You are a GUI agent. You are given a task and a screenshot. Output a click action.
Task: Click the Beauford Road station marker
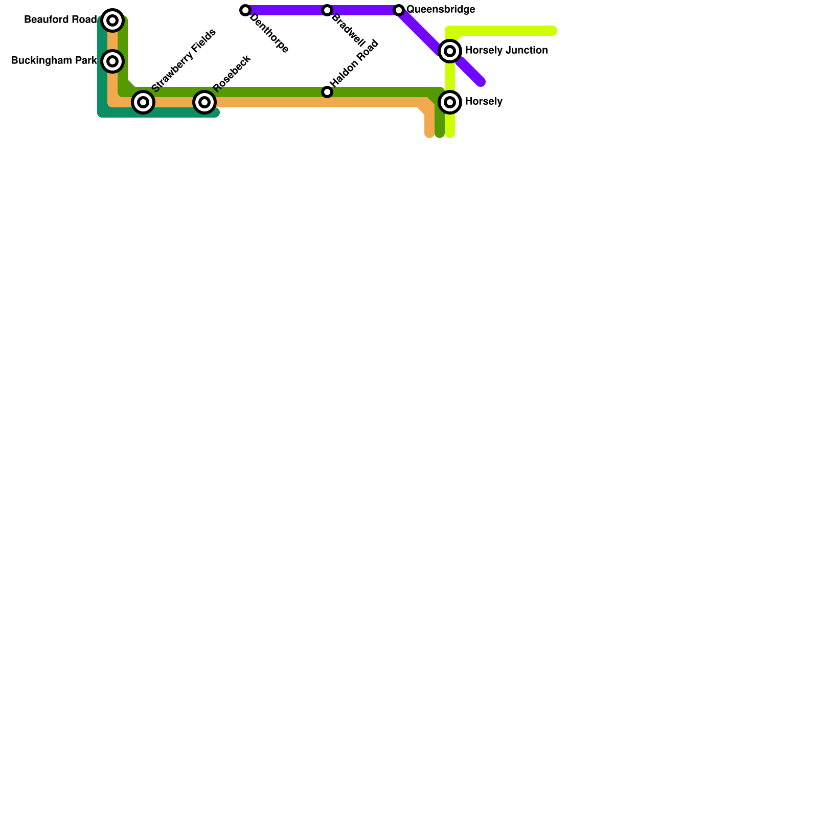click(112, 20)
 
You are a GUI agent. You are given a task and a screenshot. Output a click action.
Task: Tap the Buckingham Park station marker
click(112, 61)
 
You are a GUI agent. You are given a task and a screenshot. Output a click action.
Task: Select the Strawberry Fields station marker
click(143, 102)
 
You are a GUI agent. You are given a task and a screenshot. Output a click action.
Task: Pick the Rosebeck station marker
click(204, 102)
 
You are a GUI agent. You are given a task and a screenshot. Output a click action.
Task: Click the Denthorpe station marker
click(245, 10)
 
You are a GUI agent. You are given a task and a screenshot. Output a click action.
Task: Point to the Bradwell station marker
click(327, 10)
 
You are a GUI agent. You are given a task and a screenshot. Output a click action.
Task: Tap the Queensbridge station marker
click(399, 10)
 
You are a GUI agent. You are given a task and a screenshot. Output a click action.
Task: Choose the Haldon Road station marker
click(327, 92)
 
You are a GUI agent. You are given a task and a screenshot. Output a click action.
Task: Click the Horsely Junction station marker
click(450, 51)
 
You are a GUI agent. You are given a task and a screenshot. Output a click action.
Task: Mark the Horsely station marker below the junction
click(450, 102)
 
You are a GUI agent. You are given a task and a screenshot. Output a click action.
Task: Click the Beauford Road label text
click(60, 20)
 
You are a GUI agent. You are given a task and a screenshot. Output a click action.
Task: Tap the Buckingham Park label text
click(54, 61)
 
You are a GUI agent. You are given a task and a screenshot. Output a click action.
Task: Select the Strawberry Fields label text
click(184, 60)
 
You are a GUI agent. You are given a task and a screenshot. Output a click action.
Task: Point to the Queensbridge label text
click(441, 10)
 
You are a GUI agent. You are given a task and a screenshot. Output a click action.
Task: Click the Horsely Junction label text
click(506, 51)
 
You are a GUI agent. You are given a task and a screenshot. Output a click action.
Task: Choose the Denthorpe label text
click(269, 33)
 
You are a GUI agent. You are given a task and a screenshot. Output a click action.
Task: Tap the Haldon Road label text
click(354, 63)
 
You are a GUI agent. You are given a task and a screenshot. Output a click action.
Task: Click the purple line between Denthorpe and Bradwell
click(286, 10)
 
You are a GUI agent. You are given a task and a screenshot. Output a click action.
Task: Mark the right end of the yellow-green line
click(553, 31)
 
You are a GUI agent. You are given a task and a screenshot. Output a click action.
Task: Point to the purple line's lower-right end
click(481, 82)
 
